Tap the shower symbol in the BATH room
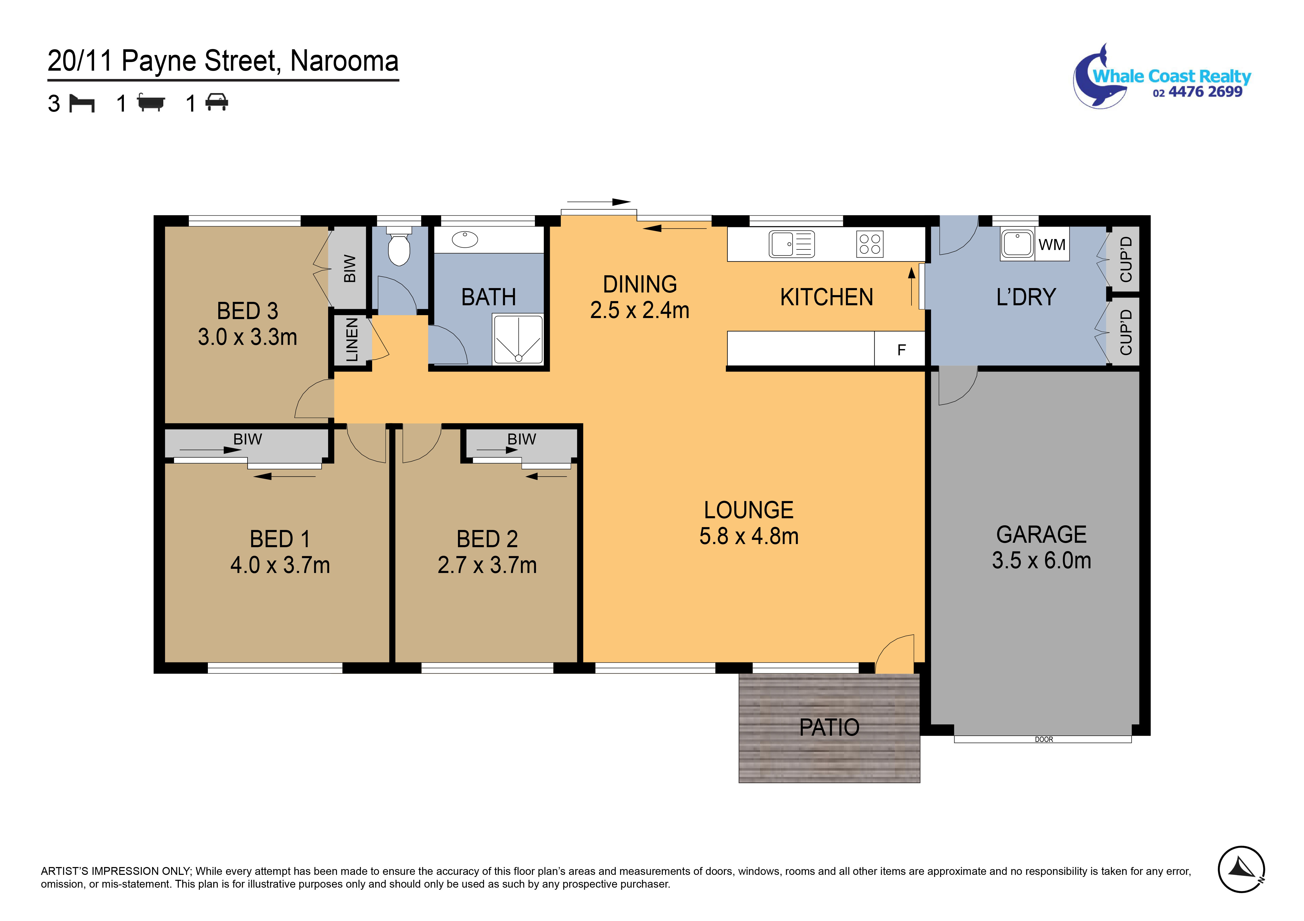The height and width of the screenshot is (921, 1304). [518, 340]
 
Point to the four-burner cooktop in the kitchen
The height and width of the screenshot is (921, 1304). [870, 244]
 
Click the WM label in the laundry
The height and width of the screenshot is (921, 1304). [1052, 245]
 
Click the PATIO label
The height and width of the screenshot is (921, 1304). [829, 727]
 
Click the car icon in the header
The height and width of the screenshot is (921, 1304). [216, 103]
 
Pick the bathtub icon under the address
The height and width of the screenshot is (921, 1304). [151, 103]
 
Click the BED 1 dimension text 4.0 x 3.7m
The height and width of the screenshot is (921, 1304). [280, 565]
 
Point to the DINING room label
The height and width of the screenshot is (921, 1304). [640, 284]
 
